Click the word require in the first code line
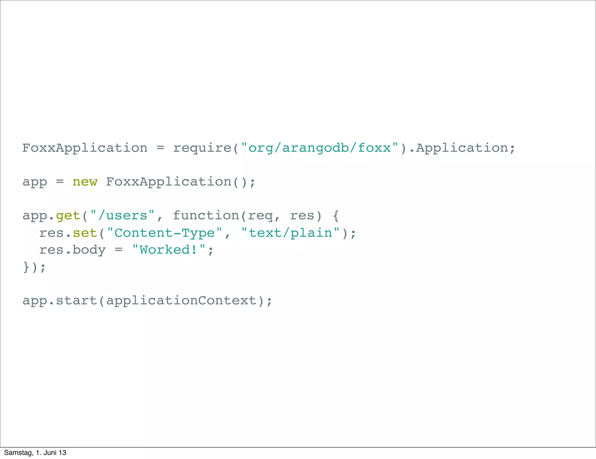pyautogui.click(x=202, y=148)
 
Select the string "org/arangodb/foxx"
pyautogui.click(x=320, y=148)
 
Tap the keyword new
pyautogui.click(x=85, y=182)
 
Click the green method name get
pyautogui.click(x=68, y=216)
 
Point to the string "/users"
pyautogui.click(x=122, y=216)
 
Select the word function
pyautogui.click(x=206, y=216)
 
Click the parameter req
pyautogui.click(x=260, y=216)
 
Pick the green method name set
pyautogui.click(x=85, y=233)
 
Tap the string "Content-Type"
pyautogui.click(x=164, y=233)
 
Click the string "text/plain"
pyautogui.click(x=290, y=233)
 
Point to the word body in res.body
pyautogui.click(x=89, y=250)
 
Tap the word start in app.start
pyautogui.click(x=76, y=301)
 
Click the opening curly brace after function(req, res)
pyautogui.click(x=336, y=216)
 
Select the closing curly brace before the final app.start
pyautogui.click(x=26, y=267)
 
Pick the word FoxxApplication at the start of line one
pyautogui.click(x=85, y=148)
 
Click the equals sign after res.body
pyautogui.click(x=118, y=250)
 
